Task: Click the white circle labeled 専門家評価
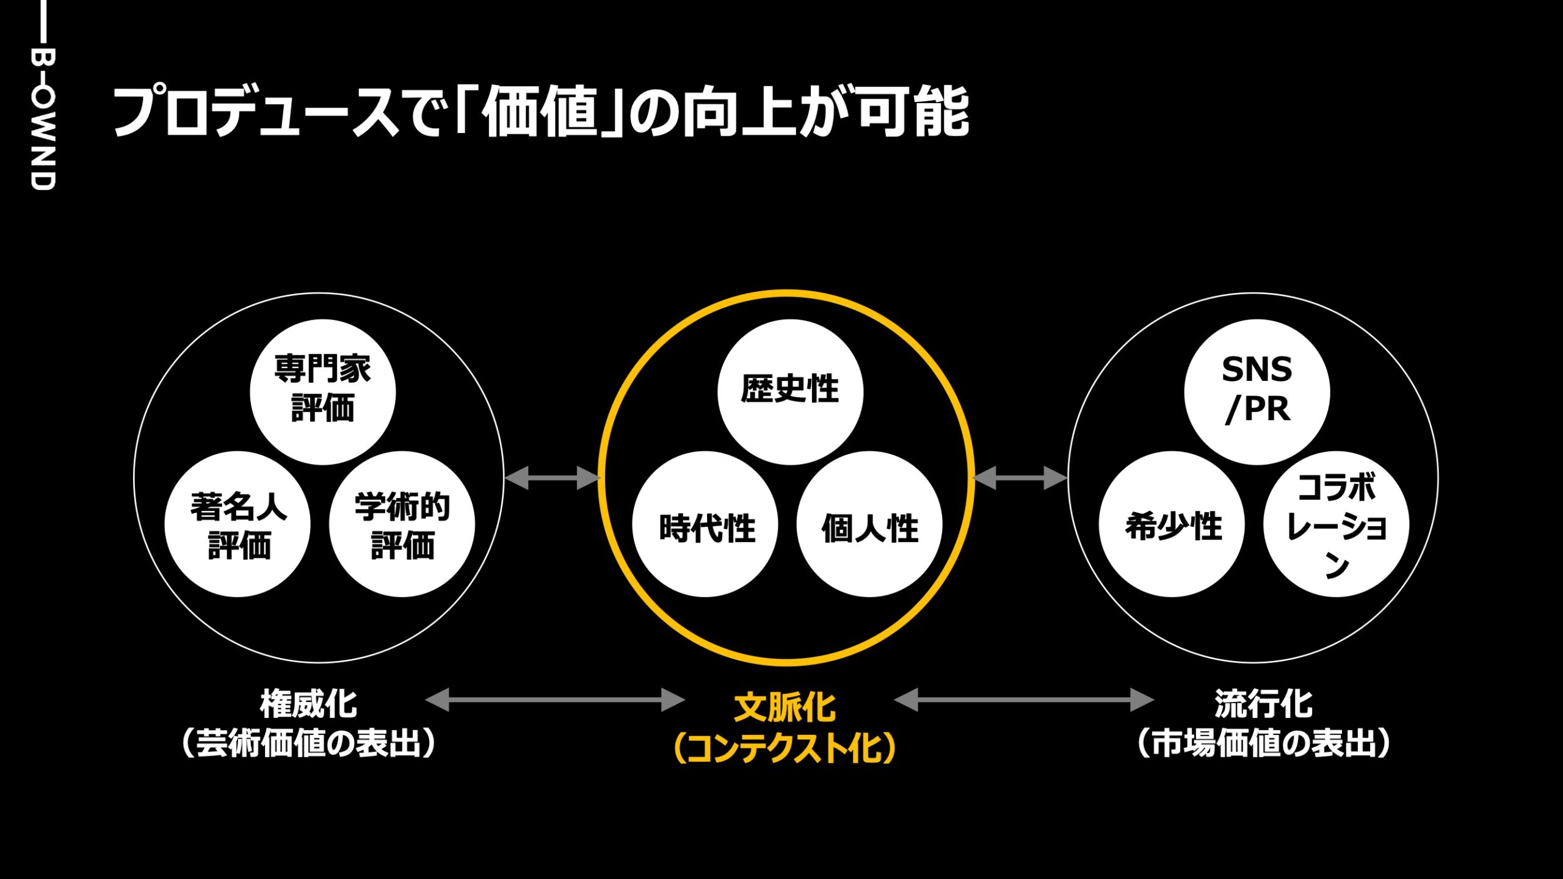pos(322,391)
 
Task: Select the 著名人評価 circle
pos(238,524)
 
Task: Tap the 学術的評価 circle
pos(402,524)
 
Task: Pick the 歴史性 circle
pos(790,391)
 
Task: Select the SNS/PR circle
pos(1257,391)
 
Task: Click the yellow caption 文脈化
pos(785,707)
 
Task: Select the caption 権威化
pos(308,704)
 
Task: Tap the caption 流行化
pos(1263,704)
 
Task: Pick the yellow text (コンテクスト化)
pos(785,748)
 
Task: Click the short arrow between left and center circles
pos(553,478)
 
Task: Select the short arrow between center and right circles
pos(1020,478)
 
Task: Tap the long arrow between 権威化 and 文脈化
pos(554,700)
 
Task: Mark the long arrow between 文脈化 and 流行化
pos(1024,700)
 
